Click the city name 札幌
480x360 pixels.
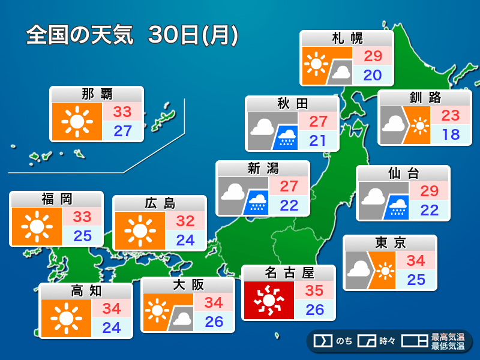347,39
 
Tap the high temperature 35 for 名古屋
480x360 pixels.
314,291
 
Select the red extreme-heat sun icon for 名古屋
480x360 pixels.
268,300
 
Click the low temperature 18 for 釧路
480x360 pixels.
451,134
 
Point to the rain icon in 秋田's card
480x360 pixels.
286,137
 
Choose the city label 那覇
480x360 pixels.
97,94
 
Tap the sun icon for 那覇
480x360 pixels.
77,122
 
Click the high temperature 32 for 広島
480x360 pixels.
185,221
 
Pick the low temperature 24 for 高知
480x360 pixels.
112,328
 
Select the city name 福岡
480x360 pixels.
56,199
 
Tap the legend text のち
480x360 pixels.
344,341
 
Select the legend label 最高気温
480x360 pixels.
448,337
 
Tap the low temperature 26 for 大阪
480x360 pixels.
214,321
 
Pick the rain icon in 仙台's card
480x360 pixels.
397,206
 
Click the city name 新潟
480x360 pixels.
263,169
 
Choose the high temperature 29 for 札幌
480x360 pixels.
373,56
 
